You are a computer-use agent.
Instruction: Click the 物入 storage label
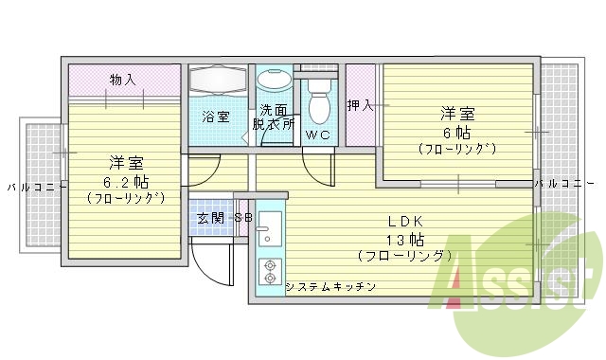tap(121, 79)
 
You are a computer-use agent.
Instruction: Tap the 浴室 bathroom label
tap(216, 117)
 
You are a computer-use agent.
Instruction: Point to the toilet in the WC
tap(318, 100)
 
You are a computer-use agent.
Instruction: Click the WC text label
tap(316, 135)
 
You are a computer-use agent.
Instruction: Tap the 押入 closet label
tap(360, 104)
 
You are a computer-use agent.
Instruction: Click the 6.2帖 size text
tap(126, 180)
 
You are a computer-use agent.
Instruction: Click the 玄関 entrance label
tap(209, 218)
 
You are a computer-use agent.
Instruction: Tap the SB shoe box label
tap(243, 218)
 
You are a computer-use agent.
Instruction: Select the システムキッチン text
tap(331, 286)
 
